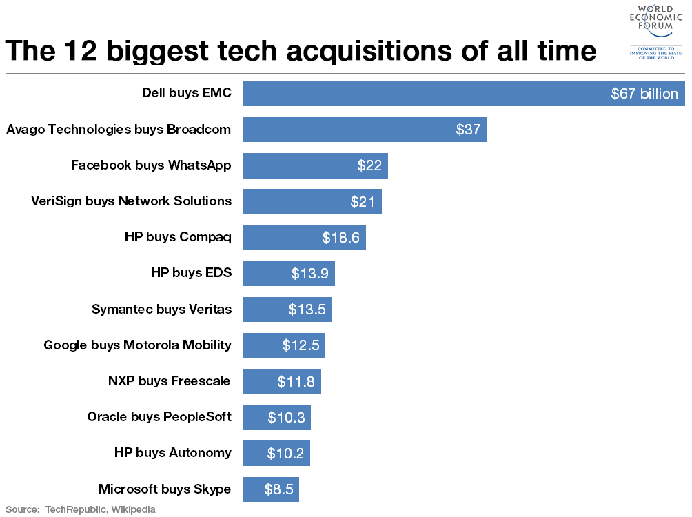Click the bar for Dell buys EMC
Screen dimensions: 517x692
[x=414, y=93]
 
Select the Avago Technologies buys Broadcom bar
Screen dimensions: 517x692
[x=345, y=129]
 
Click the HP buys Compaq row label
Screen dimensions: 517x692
[x=178, y=237]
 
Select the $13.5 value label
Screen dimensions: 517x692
[x=307, y=310]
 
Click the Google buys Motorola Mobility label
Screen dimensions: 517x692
[x=138, y=345]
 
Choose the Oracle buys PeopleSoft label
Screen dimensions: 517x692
[x=159, y=417]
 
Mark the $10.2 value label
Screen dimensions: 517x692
[x=286, y=454]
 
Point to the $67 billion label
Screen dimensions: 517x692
[x=644, y=94]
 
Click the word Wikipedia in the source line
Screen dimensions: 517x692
[x=131, y=510]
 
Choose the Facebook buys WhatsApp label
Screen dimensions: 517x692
[x=151, y=165]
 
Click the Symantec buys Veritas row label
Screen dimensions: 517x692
[x=161, y=310]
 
